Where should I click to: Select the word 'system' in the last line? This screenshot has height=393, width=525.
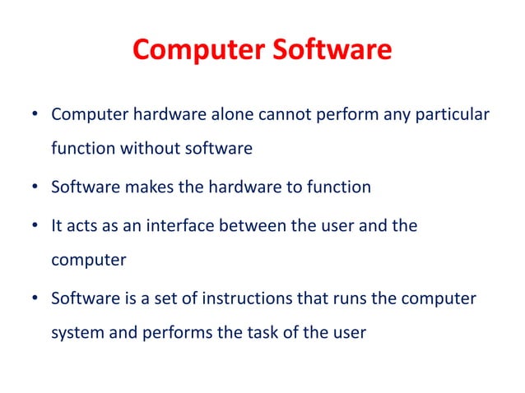78,335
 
